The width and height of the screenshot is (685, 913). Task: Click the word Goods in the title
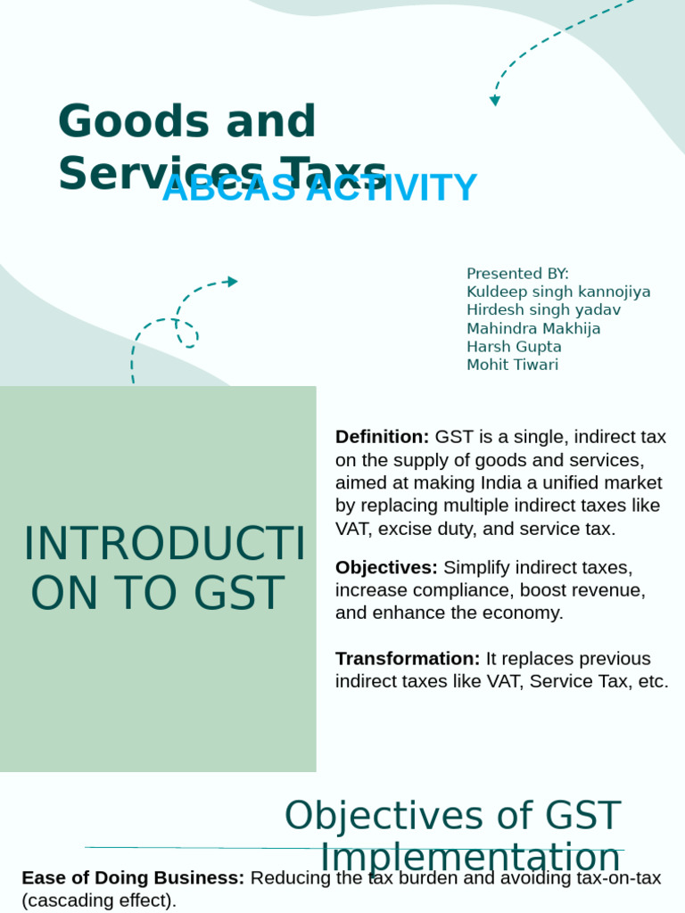pos(125,122)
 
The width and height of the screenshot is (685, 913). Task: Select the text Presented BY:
pos(517,274)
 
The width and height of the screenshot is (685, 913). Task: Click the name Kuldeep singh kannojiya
pos(558,292)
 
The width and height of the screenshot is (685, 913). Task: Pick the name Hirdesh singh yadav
pos(543,310)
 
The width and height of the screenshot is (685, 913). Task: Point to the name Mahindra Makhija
pos(533,328)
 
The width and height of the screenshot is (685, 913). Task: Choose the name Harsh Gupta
pos(514,347)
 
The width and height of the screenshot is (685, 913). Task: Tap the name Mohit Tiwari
pos(512,365)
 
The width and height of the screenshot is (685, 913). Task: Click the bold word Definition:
pos(382,437)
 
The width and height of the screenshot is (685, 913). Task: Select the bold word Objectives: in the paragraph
pos(386,567)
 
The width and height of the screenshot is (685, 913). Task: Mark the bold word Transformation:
pos(408,659)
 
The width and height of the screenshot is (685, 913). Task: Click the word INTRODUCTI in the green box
pos(164,546)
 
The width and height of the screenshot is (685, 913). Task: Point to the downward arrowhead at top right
pos(495,101)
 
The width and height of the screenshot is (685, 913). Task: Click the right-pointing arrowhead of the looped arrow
pos(233,282)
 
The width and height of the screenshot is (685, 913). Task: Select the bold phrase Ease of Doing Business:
pos(133,878)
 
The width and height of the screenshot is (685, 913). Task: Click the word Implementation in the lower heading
pos(470,858)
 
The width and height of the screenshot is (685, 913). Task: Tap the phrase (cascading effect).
pos(99,901)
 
